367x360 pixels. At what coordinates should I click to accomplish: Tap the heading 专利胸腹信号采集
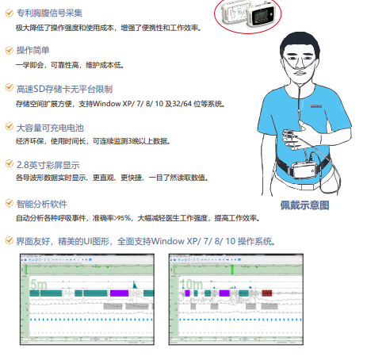46,13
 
